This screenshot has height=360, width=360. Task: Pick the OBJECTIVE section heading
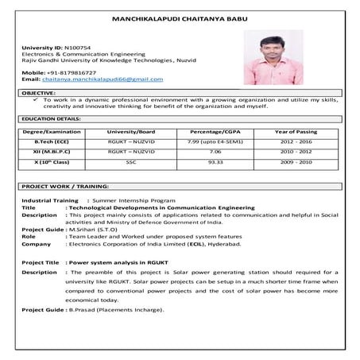point(37,92)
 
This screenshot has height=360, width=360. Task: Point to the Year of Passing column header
point(296,130)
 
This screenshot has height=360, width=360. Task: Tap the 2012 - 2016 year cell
point(296,141)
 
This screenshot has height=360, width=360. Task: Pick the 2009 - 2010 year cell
point(296,161)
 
